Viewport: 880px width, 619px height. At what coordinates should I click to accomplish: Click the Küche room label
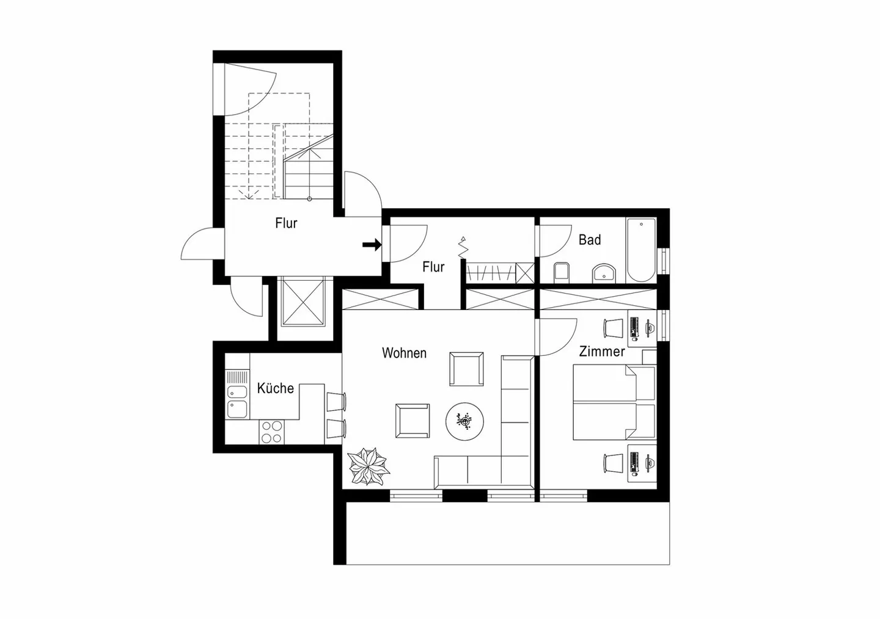click(275, 388)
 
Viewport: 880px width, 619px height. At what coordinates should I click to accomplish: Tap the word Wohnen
click(404, 353)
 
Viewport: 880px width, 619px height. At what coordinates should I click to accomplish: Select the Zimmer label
click(602, 352)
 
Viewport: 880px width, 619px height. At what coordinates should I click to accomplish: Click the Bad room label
click(590, 240)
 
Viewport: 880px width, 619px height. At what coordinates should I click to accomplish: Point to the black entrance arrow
click(372, 245)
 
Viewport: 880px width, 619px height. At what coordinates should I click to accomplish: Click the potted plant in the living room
click(368, 468)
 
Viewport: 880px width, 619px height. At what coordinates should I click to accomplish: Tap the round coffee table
click(465, 420)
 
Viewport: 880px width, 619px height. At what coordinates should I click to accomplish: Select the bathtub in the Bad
click(640, 250)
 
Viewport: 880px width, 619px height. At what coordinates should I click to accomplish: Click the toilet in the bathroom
click(562, 272)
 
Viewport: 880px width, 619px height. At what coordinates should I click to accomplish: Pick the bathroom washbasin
click(604, 273)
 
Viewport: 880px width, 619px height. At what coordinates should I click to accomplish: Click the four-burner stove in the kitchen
click(271, 432)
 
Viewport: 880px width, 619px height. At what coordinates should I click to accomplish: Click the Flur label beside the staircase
click(286, 223)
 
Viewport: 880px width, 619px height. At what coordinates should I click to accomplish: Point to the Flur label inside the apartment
click(433, 267)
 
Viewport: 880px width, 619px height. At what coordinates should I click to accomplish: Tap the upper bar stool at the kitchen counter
click(336, 402)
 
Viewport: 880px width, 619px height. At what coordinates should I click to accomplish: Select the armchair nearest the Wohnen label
click(467, 369)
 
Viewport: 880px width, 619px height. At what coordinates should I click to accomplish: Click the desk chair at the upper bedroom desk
click(612, 328)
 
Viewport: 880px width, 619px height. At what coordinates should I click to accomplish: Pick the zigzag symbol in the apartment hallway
click(463, 248)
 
